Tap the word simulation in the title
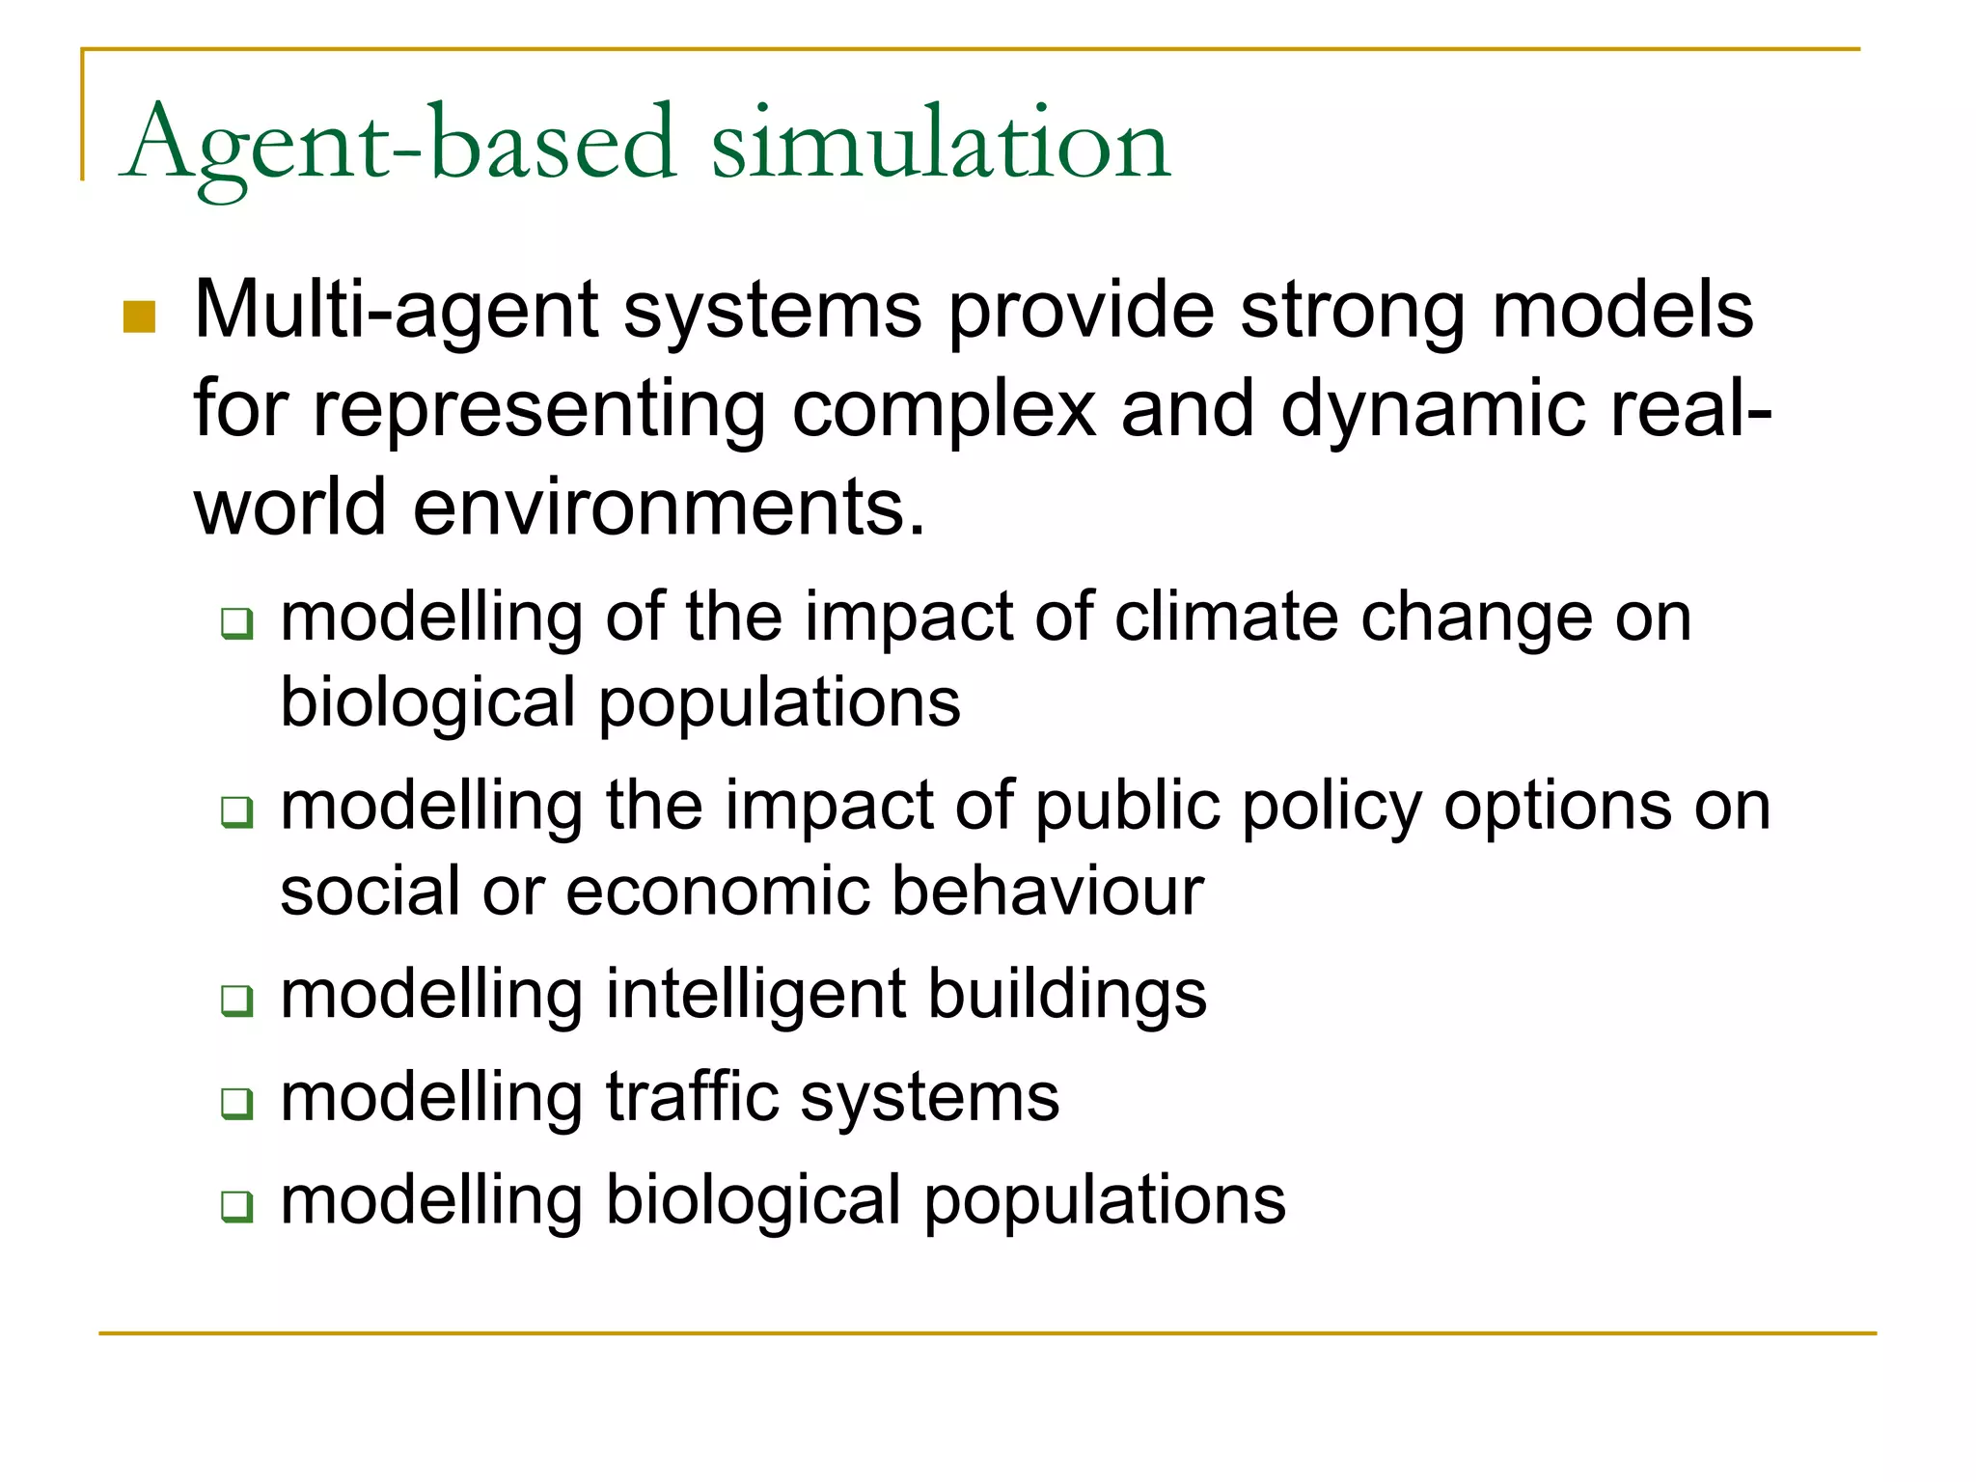pos(941,145)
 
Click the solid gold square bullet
pos(140,317)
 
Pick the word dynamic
pos(1432,409)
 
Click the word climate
pos(1225,617)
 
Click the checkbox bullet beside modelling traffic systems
pos(236,1103)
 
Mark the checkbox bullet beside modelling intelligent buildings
pos(236,1000)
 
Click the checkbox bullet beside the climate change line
pos(236,622)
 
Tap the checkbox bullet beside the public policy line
pos(236,811)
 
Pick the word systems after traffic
pos(930,1097)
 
